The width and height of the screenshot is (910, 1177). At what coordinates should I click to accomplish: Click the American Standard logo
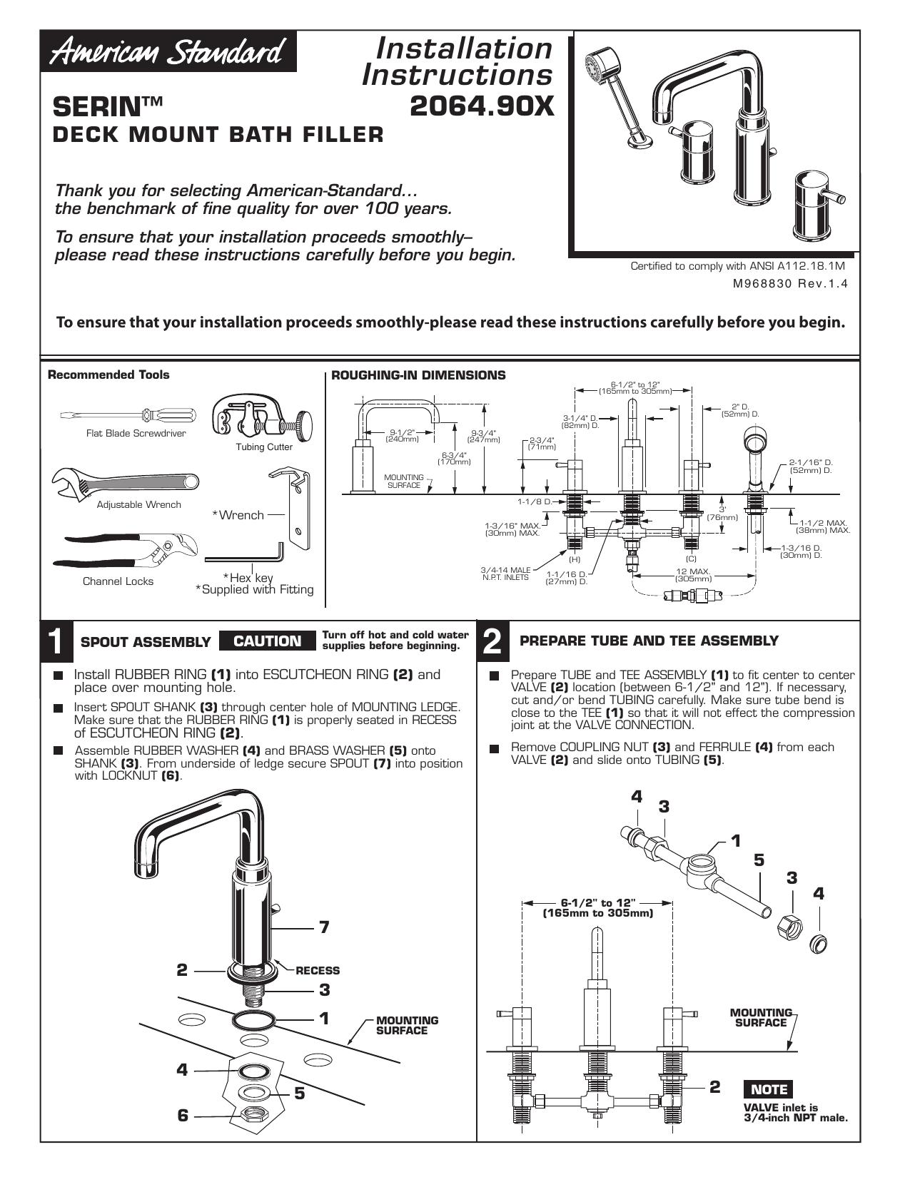pos(168,52)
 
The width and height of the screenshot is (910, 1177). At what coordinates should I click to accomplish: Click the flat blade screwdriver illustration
pos(128,416)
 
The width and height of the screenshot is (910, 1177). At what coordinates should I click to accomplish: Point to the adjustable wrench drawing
pos(125,482)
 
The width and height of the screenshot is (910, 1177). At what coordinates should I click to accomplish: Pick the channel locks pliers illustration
pos(126,552)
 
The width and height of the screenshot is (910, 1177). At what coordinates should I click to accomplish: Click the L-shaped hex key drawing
pos(244,554)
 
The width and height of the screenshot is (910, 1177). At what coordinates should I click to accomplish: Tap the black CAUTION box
pos(267,641)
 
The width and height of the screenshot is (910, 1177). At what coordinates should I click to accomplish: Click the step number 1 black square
pos(57,642)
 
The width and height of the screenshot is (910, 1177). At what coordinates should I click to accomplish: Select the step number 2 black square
pos(492,642)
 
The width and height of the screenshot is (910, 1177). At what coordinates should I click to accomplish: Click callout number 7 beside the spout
pos(324,927)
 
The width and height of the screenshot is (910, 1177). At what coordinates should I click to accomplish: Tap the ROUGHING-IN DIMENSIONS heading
pos(418,374)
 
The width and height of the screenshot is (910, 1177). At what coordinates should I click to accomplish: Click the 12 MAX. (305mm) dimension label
pos(693,575)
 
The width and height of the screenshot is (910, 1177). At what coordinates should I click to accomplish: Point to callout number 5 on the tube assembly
pos(759,860)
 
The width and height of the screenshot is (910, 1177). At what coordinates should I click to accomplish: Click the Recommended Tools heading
pos(108,374)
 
